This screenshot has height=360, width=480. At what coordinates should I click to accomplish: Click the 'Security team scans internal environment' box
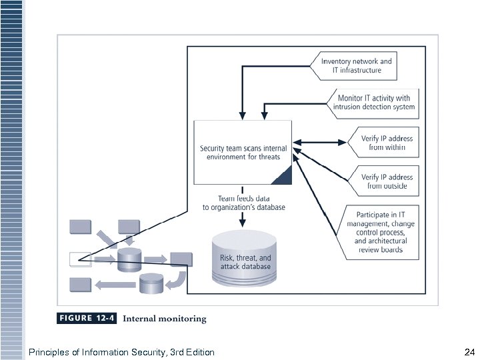(243, 152)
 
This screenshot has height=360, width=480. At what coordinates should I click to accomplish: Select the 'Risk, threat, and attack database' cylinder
(245, 259)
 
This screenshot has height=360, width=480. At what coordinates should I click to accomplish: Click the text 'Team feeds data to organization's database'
(243, 203)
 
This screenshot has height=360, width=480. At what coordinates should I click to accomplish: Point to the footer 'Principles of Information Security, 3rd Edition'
(121, 351)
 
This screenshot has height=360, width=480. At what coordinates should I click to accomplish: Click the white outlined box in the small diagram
(80, 259)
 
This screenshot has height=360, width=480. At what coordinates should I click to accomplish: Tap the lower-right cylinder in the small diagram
(151, 284)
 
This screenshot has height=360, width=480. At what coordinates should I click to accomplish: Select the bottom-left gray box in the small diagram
(80, 285)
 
